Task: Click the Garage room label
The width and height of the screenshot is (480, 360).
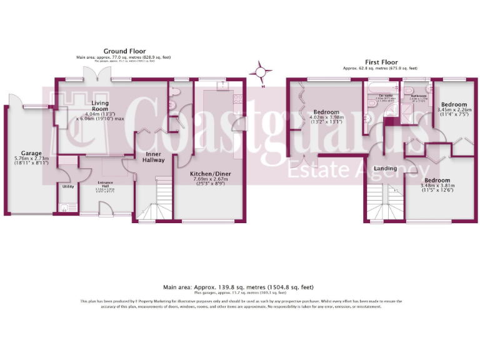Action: coord(31,153)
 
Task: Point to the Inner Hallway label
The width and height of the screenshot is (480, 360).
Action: coord(154,157)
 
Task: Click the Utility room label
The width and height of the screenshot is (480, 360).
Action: coord(67,186)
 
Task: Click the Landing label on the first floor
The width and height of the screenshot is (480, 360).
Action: coord(386,169)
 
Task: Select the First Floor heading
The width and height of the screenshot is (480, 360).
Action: coord(380,62)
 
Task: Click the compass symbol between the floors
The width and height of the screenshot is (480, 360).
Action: coord(260,72)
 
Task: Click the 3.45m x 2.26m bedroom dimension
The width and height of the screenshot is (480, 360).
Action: coord(453,112)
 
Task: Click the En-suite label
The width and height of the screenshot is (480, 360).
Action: coord(375,96)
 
